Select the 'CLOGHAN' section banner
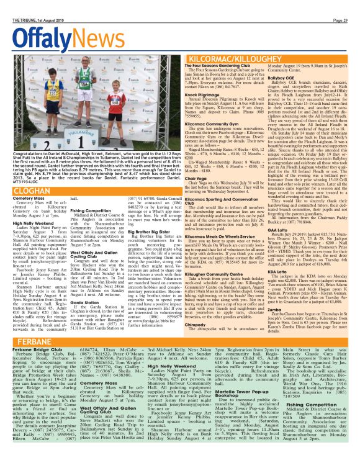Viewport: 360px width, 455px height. (25, 192)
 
